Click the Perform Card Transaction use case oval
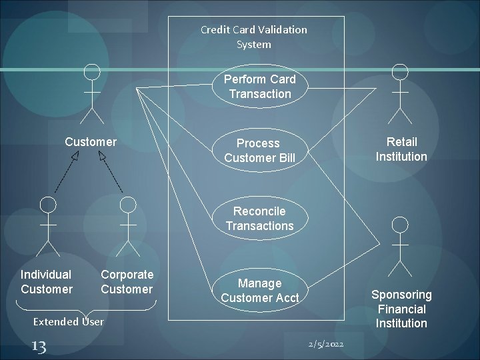point(260,87)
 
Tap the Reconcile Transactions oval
point(259,219)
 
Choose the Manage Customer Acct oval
point(260,291)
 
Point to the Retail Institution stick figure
point(400,94)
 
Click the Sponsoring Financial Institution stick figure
point(400,247)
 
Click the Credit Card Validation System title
point(254,37)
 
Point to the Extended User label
point(69,321)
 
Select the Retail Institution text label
point(401,149)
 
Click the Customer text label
point(91,142)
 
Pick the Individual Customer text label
point(46,282)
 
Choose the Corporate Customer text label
point(127,282)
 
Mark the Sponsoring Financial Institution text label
point(401,309)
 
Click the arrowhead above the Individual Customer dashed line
point(75,157)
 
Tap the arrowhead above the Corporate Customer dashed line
point(102,156)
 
